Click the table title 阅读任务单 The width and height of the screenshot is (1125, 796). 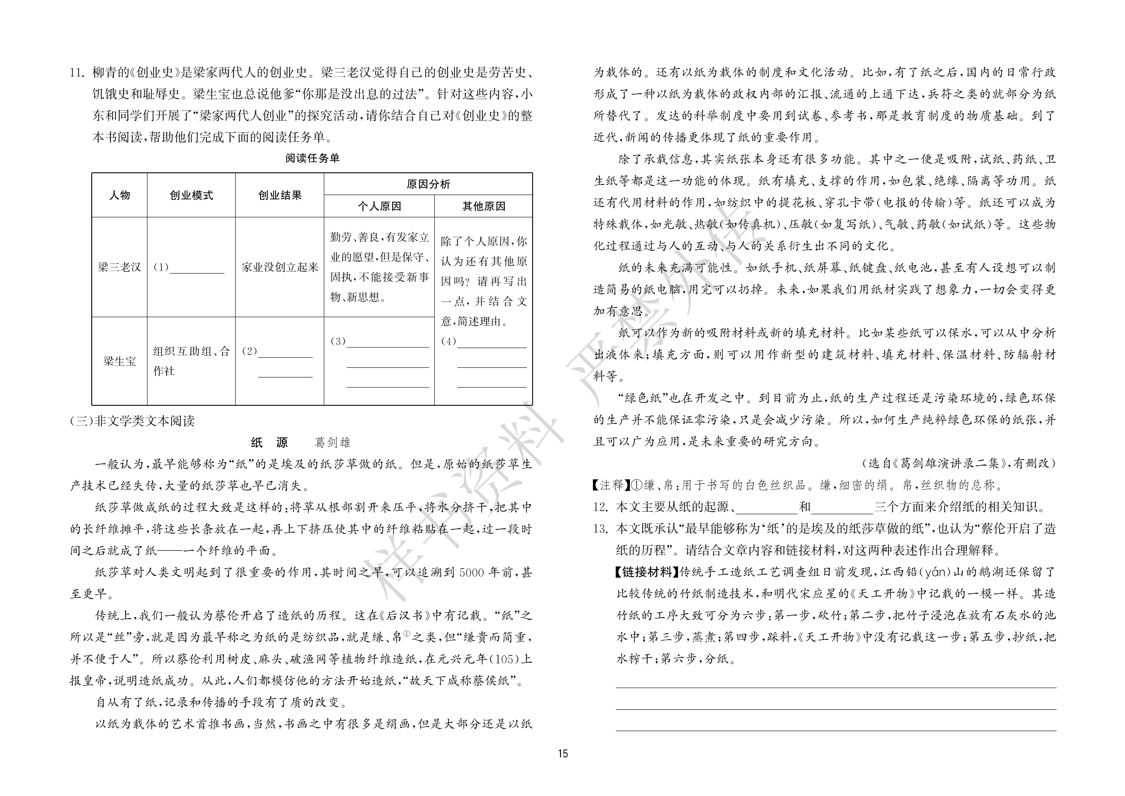(x=312, y=159)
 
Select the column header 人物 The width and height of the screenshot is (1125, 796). (x=120, y=196)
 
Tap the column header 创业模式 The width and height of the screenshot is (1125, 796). (x=191, y=196)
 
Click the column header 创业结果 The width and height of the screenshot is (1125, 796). (x=280, y=196)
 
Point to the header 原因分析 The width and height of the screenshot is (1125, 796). (x=428, y=184)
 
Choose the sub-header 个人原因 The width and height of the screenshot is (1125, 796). (x=379, y=207)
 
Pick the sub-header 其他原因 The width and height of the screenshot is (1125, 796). (x=483, y=207)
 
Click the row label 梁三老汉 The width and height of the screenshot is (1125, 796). (x=120, y=268)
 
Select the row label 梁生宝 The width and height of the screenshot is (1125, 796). (x=120, y=361)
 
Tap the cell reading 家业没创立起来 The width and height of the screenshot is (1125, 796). (x=280, y=268)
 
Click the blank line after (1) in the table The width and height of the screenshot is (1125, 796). (x=197, y=269)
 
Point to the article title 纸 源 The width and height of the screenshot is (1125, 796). (x=269, y=443)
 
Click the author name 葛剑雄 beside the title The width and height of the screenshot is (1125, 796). (x=332, y=443)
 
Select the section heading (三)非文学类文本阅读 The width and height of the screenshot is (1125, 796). (x=132, y=421)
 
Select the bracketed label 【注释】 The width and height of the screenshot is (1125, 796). (x=611, y=485)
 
